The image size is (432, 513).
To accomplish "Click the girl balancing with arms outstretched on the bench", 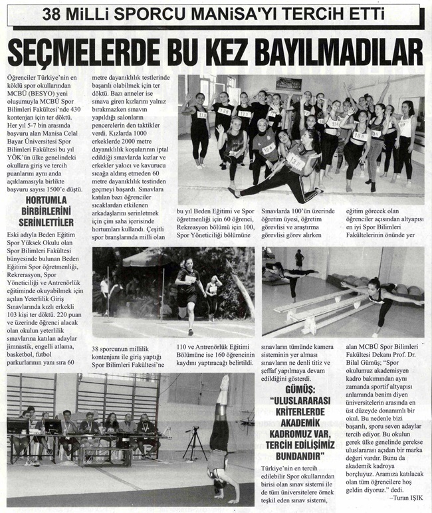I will click(382, 299).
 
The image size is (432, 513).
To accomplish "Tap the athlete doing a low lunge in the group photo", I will click(282, 169).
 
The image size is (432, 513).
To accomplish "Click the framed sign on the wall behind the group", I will click(288, 84).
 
